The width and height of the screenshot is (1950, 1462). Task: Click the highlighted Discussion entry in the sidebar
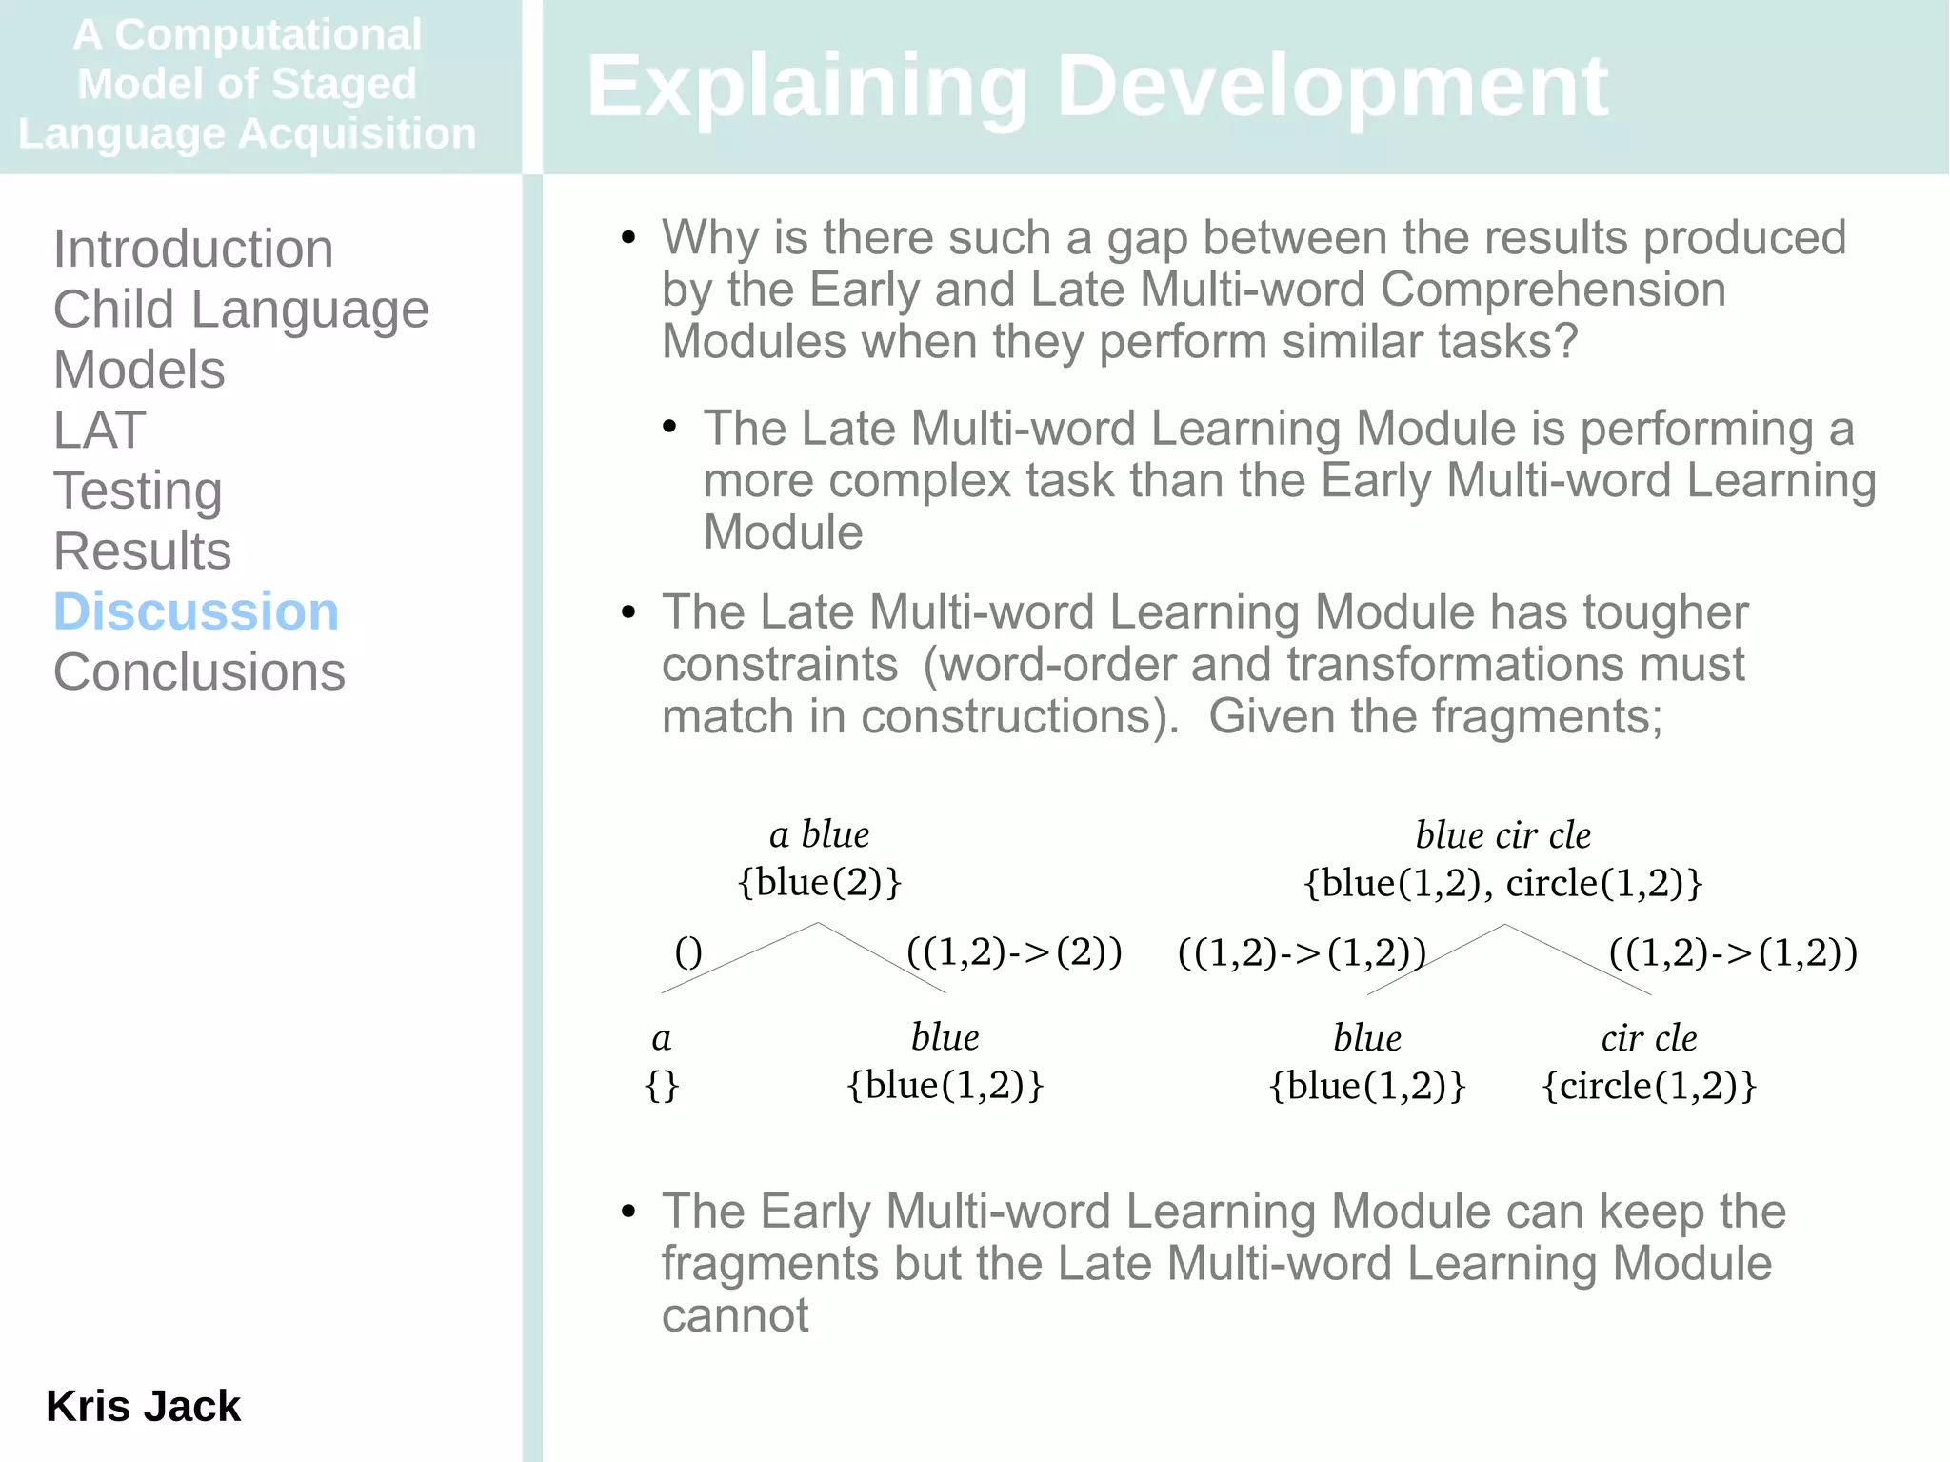(195, 611)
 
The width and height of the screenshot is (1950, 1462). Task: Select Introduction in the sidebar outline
(193, 250)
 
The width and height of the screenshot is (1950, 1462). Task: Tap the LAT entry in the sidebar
(99, 431)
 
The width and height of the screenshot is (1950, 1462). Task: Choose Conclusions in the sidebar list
(199, 672)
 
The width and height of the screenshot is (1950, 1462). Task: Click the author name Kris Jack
(143, 1406)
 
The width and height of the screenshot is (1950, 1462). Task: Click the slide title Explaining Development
(1096, 87)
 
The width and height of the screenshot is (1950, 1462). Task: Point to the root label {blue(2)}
(819, 882)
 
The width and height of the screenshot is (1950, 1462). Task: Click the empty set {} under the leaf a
(662, 1086)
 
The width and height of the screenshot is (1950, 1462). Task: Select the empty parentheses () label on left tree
(687, 951)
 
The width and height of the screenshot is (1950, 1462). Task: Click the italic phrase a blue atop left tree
(819, 834)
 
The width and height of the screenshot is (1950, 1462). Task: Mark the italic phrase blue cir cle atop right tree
(1502, 835)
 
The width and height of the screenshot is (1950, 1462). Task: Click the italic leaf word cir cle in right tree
(1648, 1038)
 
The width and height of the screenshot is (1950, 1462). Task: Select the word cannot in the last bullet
(734, 1316)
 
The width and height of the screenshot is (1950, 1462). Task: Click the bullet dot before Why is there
(627, 237)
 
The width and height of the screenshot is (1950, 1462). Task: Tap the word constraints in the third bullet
(779, 665)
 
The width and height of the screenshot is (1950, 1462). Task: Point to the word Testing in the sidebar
(138, 491)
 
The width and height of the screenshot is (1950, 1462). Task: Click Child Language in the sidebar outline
(241, 310)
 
